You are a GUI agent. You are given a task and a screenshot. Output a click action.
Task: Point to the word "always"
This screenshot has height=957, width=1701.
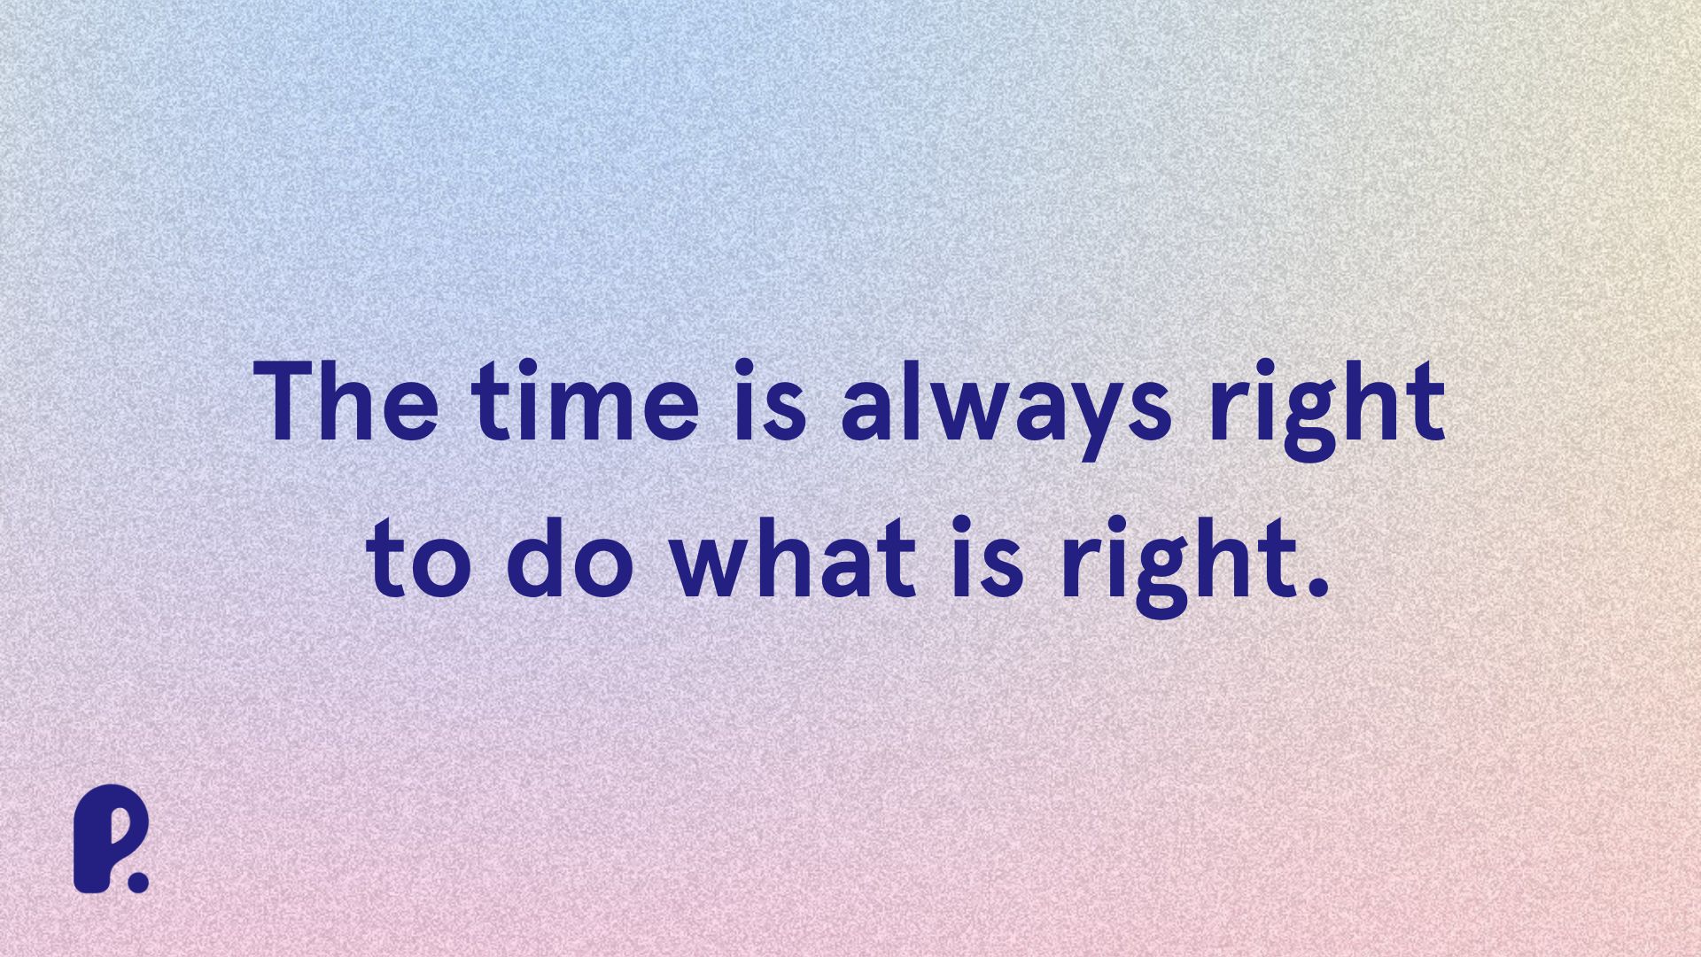coord(1007,409)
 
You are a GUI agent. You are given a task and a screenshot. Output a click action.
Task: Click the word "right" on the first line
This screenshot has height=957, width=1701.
coord(1326,409)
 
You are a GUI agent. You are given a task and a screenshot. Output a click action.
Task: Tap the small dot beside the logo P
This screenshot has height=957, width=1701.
coord(138,881)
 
